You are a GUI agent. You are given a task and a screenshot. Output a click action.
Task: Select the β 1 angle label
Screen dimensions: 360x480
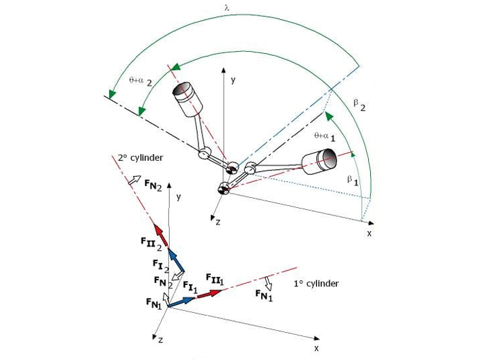(x=352, y=180)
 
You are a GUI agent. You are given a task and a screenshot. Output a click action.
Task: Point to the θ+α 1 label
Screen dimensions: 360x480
(x=325, y=136)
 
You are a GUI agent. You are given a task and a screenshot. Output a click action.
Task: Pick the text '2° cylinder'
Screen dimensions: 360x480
(x=140, y=158)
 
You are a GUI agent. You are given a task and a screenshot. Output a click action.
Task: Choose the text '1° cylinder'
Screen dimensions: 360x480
(x=316, y=283)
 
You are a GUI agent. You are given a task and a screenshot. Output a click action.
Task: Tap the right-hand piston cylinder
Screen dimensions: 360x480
(x=318, y=161)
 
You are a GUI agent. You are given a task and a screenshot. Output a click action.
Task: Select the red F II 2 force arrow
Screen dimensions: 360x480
(x=160, y=235)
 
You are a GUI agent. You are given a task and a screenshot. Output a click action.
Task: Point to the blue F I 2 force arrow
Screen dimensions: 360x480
(x=175, y=259)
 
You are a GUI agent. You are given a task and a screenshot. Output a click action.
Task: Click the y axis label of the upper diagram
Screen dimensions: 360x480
(x=232, y=79)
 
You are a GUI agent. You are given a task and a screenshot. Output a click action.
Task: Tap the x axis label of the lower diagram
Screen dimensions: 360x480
(x=316, y=347)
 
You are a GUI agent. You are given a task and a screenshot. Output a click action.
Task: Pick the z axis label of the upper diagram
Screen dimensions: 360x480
(x=218, y=222)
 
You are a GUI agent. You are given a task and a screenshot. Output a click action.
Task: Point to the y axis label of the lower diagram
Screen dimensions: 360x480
(x=178, y=196)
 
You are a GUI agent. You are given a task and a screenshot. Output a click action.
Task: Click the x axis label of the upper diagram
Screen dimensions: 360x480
(x=369, y=233)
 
